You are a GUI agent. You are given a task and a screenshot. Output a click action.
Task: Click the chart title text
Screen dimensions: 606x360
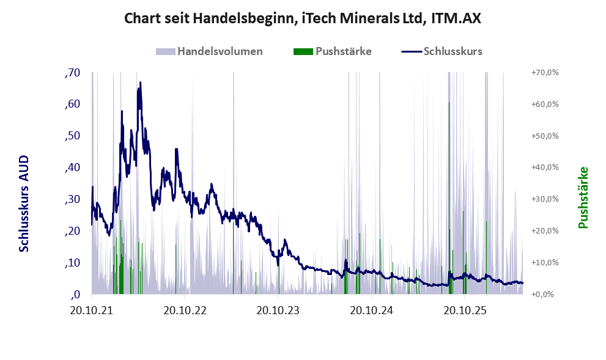303,18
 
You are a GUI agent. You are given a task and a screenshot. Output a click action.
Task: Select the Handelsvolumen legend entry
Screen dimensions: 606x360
209,51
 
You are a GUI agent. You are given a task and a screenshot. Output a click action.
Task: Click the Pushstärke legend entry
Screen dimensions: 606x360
333,51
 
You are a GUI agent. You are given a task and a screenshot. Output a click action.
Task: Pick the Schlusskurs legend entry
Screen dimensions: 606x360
442,51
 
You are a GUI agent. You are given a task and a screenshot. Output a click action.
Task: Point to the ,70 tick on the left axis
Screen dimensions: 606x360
73,73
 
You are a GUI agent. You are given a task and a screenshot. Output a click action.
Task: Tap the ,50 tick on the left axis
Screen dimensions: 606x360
73,136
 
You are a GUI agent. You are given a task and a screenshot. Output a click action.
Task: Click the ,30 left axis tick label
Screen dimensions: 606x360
73,199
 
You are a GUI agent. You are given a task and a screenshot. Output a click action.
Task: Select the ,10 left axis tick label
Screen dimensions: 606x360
73,263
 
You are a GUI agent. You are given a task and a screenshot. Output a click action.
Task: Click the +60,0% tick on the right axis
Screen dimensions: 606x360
545,105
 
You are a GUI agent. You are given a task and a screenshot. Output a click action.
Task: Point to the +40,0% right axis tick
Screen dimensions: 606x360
545,167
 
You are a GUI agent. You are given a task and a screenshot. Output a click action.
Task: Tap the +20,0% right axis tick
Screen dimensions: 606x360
545,230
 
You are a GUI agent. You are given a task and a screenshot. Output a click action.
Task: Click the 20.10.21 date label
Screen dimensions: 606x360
92,310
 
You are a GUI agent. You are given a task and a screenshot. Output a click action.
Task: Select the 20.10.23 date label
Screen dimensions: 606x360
278,310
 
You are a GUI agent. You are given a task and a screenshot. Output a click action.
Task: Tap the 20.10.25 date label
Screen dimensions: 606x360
465,310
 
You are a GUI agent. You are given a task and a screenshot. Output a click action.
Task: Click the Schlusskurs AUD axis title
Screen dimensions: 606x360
24,204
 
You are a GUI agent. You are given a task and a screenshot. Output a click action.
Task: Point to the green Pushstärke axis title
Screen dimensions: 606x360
583,197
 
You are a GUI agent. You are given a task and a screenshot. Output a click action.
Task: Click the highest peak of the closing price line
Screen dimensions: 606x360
140,83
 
